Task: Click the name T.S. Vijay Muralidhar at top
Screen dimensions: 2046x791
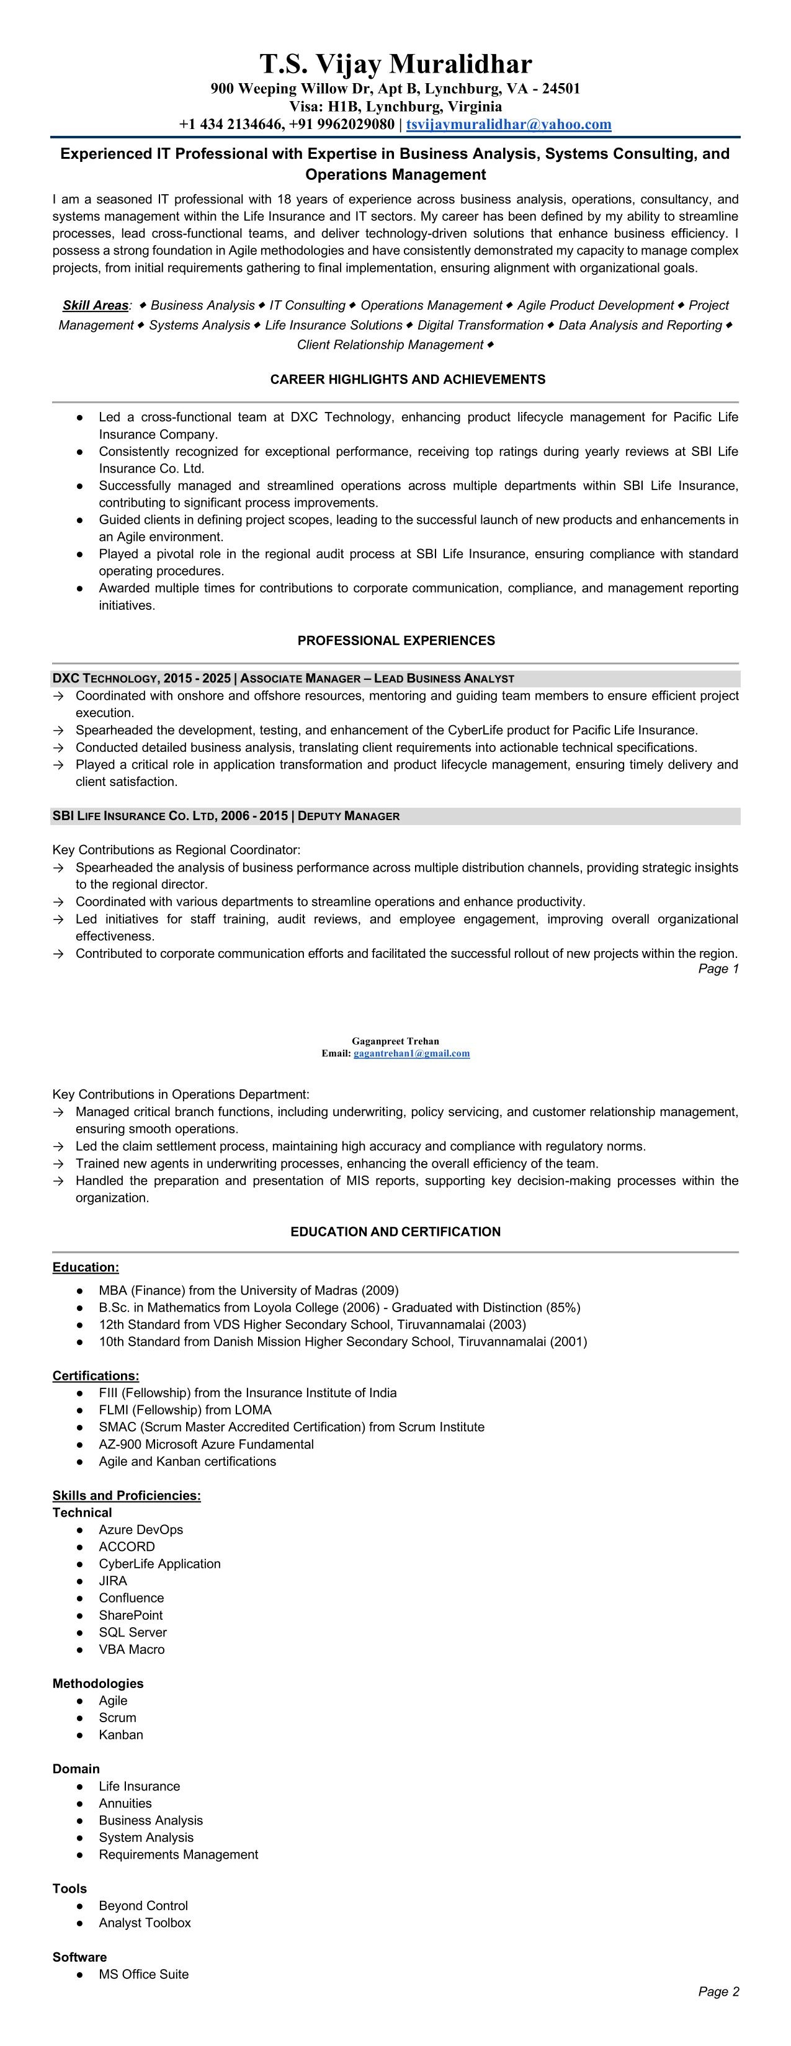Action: [x=396, y=63]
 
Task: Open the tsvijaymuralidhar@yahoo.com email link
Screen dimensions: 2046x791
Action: [x=508, y=124]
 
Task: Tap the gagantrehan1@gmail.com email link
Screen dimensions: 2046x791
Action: [x=411, y=1053]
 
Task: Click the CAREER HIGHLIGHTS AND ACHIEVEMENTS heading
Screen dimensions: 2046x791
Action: [x=408, y=380]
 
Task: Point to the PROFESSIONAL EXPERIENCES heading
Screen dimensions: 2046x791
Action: [x=396, y=640]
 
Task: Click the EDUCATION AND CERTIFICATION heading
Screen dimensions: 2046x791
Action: [x=396, y=1232]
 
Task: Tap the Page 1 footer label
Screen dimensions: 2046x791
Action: [x=718, y=969]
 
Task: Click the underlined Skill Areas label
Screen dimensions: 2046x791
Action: [x=96, y=306]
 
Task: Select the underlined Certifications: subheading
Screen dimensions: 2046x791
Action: [x=96, y=1375]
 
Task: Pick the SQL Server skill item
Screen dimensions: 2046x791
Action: [x=133, y=1632]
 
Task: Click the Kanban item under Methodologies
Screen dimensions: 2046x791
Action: [x=121, y=1735]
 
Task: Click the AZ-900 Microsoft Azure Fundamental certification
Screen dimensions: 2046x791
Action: [x=206, y=1444]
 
